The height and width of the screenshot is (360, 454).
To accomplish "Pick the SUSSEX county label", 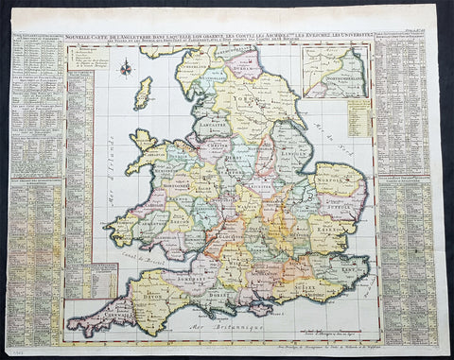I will (x=300, y=276).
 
